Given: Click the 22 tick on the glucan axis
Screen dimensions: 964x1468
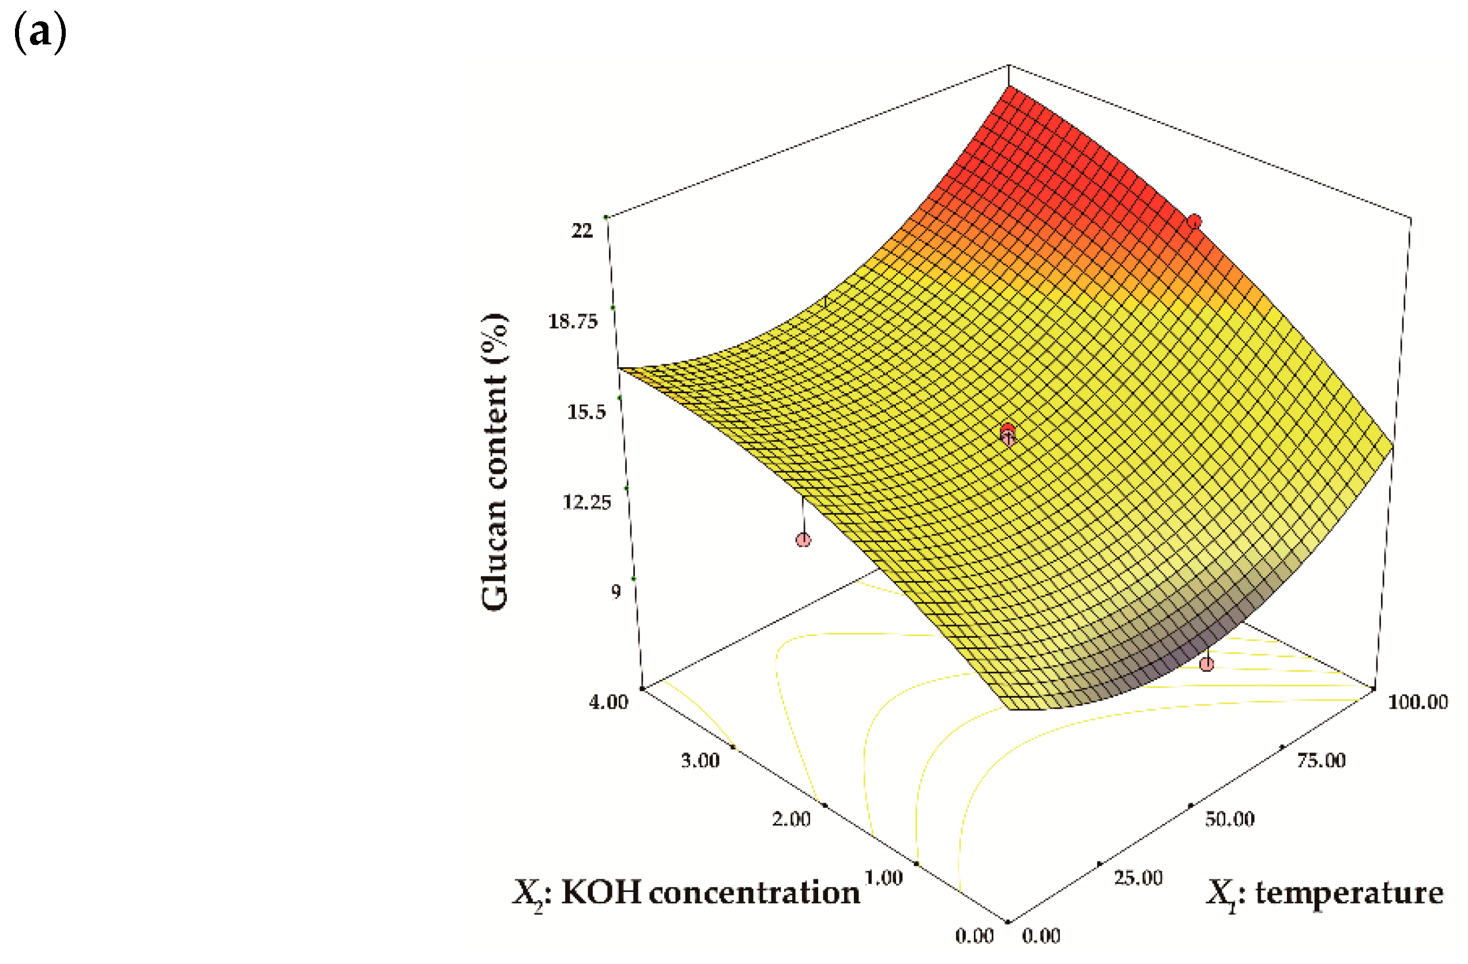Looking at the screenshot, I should click(582, 231).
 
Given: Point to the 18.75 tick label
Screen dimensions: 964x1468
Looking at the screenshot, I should click(573, 321).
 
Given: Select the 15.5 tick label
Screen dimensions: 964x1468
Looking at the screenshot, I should click(586, 412).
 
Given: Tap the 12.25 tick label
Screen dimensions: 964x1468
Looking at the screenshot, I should click(586, 503).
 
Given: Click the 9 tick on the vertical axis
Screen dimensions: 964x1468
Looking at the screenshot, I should click(616, 592).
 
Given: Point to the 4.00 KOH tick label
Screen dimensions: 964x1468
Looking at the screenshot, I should click(608, 702).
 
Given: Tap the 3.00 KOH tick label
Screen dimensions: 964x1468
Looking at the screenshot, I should click(700, 760).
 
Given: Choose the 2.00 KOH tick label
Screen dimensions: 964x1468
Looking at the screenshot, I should click(791, 819).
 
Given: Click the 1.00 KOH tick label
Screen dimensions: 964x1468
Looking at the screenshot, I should click(883, 878).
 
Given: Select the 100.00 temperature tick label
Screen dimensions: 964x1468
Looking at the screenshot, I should click(1417, 702).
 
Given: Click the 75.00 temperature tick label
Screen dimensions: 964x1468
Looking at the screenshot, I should click(1320, 760).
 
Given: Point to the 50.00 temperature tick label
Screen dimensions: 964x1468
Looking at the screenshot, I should click(1229, 819).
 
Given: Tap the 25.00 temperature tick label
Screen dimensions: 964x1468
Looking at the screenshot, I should click(1138, 878).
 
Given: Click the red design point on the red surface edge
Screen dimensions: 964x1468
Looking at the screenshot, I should click(1195, 221).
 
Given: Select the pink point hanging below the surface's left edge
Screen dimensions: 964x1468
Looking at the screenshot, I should click(803, 540).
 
